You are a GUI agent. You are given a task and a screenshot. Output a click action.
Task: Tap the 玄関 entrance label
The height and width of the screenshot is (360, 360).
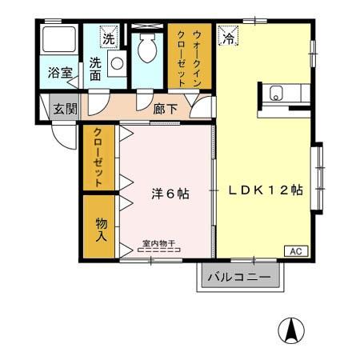click(64, 109)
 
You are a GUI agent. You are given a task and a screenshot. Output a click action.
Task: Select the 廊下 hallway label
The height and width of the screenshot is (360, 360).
click(165, 109)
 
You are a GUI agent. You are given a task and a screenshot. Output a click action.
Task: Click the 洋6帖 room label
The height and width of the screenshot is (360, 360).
click(170, 194)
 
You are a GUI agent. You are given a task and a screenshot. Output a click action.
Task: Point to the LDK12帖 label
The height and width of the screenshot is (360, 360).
click(265, 190)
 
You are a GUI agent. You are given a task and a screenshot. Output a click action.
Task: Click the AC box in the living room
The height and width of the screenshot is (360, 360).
click(294, 251)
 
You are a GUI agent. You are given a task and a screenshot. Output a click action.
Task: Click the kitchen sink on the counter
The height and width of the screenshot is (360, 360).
click(277, 92)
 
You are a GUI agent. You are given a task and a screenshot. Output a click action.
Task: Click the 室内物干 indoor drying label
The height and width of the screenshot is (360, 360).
click(158, 243)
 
